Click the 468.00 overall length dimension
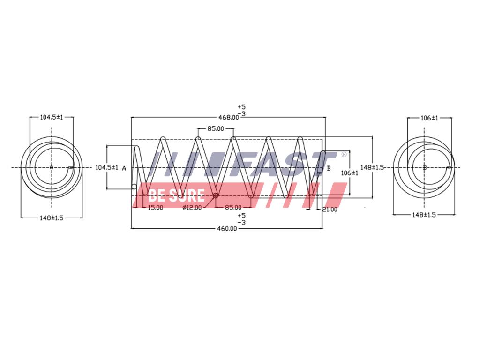(228, 117)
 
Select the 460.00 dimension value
(227, 229)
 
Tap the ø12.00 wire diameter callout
(192, 208)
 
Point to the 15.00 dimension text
(156, 208)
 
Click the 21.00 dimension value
(330, 210)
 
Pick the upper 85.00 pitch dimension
(216, 128)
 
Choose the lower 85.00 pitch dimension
(233, 208)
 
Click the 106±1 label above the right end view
(429, 118)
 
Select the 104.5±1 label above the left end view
(52, 117)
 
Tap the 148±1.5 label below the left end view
(52, 218)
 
